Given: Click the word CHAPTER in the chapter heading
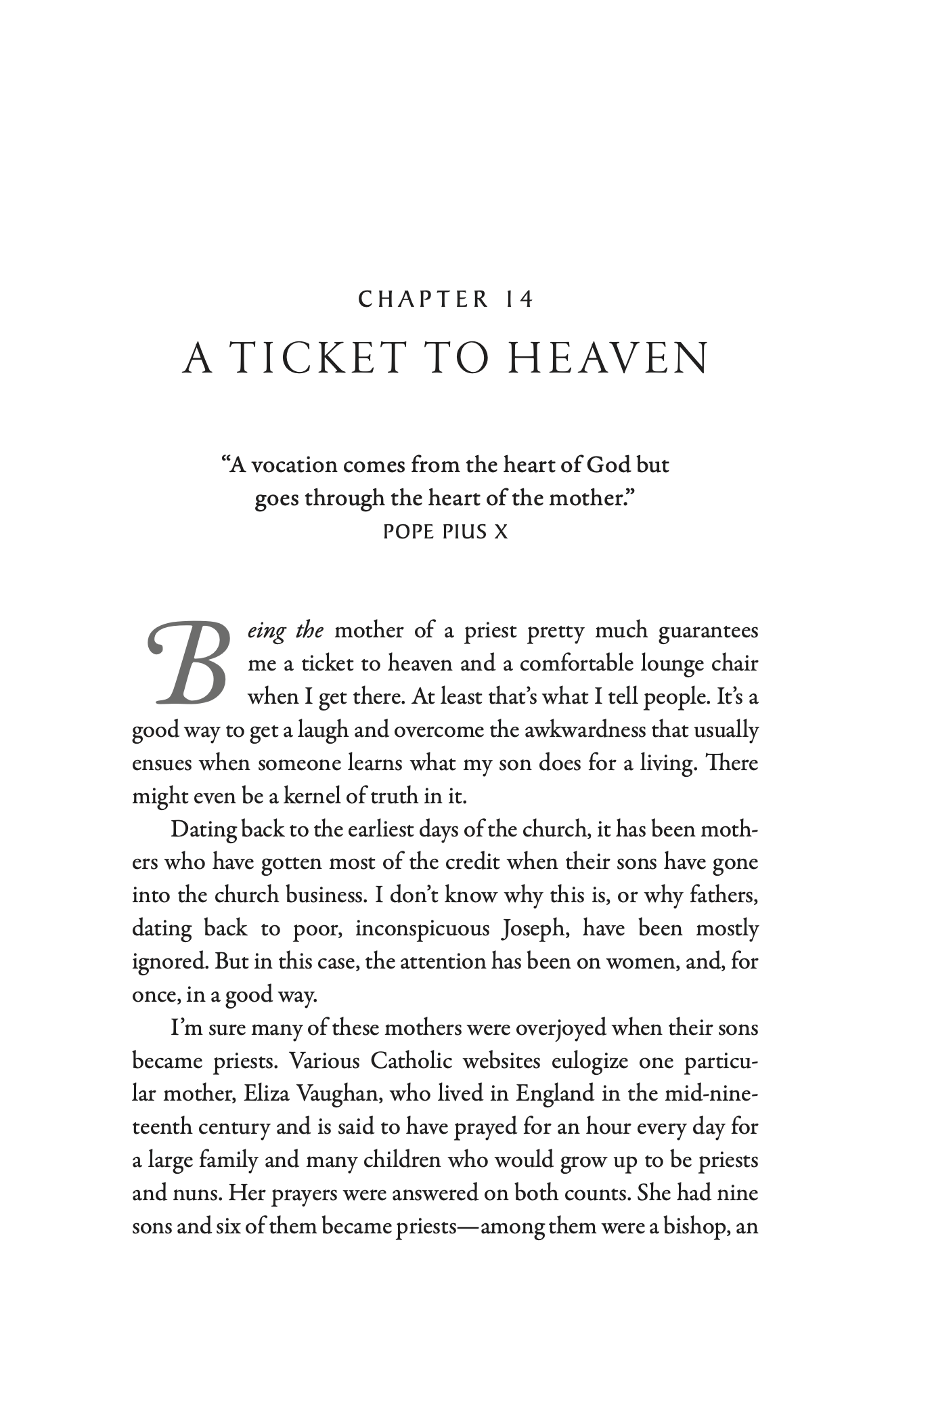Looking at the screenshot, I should [x=423, y=299].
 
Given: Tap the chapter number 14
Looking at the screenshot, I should [x=519, y=299].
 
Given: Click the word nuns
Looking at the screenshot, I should [x=192, y=1192].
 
